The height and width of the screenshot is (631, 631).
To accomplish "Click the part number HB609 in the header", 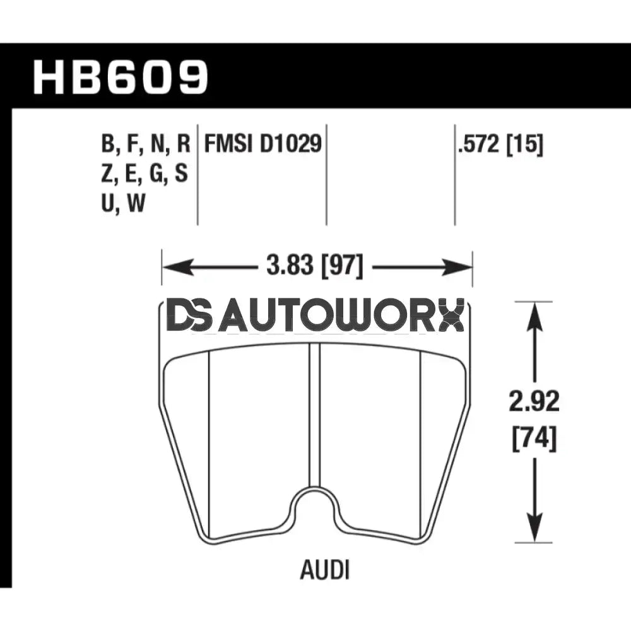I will (x=120, y=77).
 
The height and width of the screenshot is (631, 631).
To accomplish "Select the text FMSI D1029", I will (x=262, y=144).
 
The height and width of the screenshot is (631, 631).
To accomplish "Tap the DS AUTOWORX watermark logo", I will (x=315, y=316).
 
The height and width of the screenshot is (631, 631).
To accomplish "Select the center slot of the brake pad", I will (x=315, y=416).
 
